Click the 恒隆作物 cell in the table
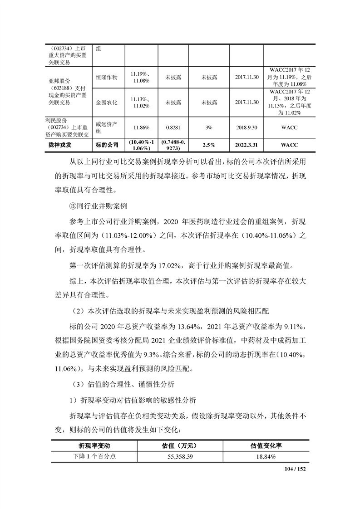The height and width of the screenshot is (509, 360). click(107, 78)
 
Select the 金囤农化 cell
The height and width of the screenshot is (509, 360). click(107, 103)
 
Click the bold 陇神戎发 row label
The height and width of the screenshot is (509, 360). click(60, 145)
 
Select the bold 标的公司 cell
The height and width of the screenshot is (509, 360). click(107, 145)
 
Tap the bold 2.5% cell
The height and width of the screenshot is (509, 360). click(208, 145)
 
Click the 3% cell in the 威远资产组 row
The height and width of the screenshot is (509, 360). click(208, 128)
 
